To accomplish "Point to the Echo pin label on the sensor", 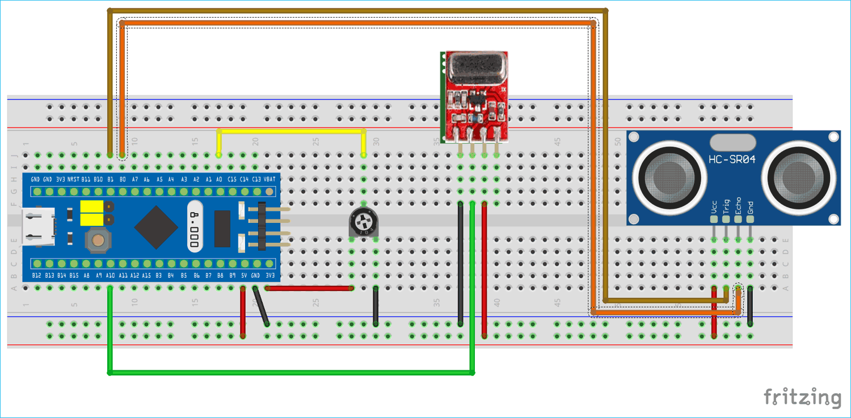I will (x=738, y=205).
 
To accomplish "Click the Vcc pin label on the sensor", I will (x=714, y=206).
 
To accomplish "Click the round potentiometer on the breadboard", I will (x=363, y=222).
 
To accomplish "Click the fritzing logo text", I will (x=802, y=397).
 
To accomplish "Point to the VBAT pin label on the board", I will (x=270, y=179).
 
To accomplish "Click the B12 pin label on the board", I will (x=36, y=276).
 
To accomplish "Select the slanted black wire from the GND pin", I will (x=262, y=307).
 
